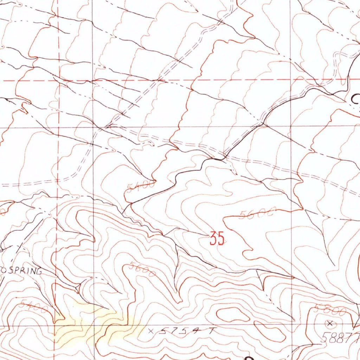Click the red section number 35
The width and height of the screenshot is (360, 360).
217,239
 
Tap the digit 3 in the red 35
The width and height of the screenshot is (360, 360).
213,239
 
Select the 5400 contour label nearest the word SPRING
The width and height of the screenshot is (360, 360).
34,306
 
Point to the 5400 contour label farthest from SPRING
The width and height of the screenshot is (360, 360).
141,186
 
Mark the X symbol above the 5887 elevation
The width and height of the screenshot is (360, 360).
330,323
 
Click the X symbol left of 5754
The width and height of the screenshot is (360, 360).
151,331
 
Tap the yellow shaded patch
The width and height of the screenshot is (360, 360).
95,323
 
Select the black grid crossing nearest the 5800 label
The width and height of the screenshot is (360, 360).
291,325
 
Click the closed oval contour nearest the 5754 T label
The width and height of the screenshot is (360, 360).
229,314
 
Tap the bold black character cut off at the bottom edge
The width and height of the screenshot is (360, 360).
249,358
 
